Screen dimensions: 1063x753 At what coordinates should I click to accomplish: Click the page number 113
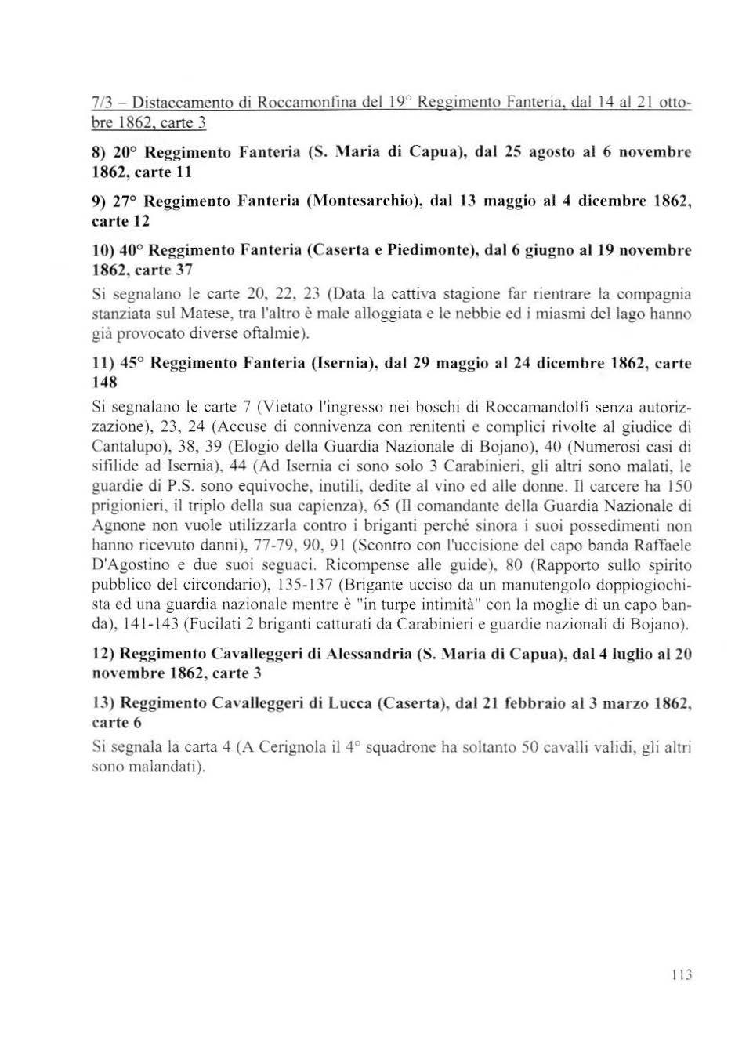coord(682,975)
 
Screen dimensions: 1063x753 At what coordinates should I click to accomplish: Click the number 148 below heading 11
coord(104,383)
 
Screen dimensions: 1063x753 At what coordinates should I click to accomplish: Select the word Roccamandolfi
coord(545,407)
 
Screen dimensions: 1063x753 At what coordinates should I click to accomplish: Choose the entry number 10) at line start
coord(104,251)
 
